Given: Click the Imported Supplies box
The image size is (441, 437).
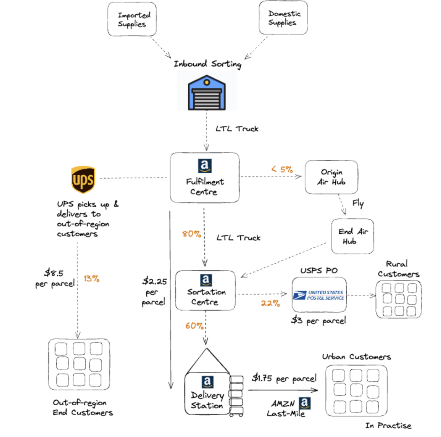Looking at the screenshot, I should click(132, 19).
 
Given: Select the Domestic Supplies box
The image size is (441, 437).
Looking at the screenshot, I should click(283, 18).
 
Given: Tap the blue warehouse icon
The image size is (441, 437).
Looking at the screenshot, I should click(207, 93).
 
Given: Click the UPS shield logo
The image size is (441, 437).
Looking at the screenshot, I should click(83, 180).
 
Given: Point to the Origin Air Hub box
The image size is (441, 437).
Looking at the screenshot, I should click(331, 177).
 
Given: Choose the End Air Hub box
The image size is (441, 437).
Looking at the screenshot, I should click(352, 236).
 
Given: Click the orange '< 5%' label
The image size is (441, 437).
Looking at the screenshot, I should click(282, 169).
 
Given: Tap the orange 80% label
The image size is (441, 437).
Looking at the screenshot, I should click(191, 234).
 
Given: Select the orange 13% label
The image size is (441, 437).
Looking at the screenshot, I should click(92, 279).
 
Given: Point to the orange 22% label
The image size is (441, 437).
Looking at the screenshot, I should click(270, 303).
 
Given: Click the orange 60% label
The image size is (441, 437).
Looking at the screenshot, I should click(194, 326).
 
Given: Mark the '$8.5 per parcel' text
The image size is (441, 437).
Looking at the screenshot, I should click(54, 278).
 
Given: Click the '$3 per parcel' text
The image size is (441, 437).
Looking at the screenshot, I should click(318, 320).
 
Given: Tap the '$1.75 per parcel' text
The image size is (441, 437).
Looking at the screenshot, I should click(284, 378).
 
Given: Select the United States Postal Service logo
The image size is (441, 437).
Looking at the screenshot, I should click(319, 295).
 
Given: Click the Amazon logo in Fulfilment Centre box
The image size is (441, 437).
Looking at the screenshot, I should click(205, 166).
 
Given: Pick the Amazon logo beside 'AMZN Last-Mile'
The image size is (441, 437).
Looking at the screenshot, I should click(304, 403).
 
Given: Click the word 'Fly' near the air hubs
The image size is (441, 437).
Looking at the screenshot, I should click(358, 203).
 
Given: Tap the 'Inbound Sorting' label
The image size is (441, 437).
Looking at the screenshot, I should click(207, 64).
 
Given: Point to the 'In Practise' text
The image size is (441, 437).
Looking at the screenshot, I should click(388, 425).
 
